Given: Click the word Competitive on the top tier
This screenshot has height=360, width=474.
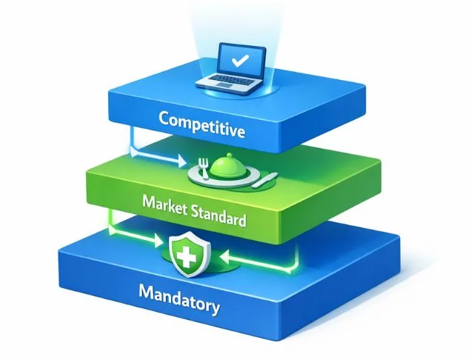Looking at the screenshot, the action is coord(201,124).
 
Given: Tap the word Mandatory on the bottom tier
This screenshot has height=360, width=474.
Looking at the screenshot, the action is coord(179,299).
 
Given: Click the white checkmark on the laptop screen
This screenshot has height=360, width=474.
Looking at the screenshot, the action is coord(240,61).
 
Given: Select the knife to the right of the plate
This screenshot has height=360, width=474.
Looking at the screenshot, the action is coord(264,180).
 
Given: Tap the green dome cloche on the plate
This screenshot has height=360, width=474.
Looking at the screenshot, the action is coord(229,166).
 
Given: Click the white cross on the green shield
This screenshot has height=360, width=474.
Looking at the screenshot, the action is coord(187,256).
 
